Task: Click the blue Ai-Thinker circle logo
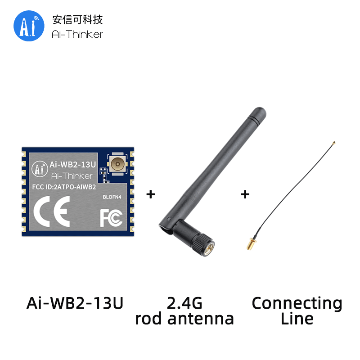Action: (29, 26)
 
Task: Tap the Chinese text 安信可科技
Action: (77, 19)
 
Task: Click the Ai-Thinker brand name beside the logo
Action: (77, 35)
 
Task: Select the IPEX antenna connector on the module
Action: (117, 164)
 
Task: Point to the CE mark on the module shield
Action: (52, 211)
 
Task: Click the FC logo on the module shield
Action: (111, 218)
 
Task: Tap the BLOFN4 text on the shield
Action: (112, 197)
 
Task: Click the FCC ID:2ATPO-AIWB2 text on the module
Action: (64, 187)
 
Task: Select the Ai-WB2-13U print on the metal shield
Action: (72, 165)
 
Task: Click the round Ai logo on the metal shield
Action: (40, 169)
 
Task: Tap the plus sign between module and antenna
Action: (151, 194)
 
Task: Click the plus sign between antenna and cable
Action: (245, 194)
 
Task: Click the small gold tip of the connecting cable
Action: (334, 143)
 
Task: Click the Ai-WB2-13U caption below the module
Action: (75, 303)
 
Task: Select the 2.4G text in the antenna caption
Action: (184, 303)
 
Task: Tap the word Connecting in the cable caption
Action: (297, 304)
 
